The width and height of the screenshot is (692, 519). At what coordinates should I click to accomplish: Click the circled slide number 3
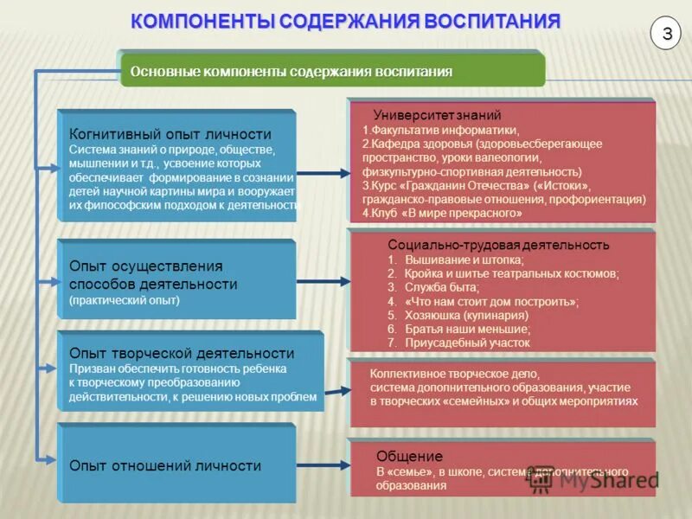(x=667, y=34)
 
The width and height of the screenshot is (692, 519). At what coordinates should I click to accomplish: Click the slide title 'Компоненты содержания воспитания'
(x=345, y=21)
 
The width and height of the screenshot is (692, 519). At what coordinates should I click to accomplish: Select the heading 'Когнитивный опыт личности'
(x=170, y=134)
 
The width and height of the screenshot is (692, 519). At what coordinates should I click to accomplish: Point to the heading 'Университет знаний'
(x=437, y=115)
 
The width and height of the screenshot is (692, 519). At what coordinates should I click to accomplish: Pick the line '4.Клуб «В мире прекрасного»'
(x=442, y=212)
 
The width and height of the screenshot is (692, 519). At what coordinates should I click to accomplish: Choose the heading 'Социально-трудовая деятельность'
(x=498, y=245)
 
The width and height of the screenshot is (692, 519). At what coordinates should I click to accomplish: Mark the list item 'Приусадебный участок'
(x=468, y=343)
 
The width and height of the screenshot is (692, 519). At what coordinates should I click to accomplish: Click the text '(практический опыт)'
(x=125, y=300)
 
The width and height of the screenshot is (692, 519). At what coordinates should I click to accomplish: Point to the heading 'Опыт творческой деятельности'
(x=182, y=353)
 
